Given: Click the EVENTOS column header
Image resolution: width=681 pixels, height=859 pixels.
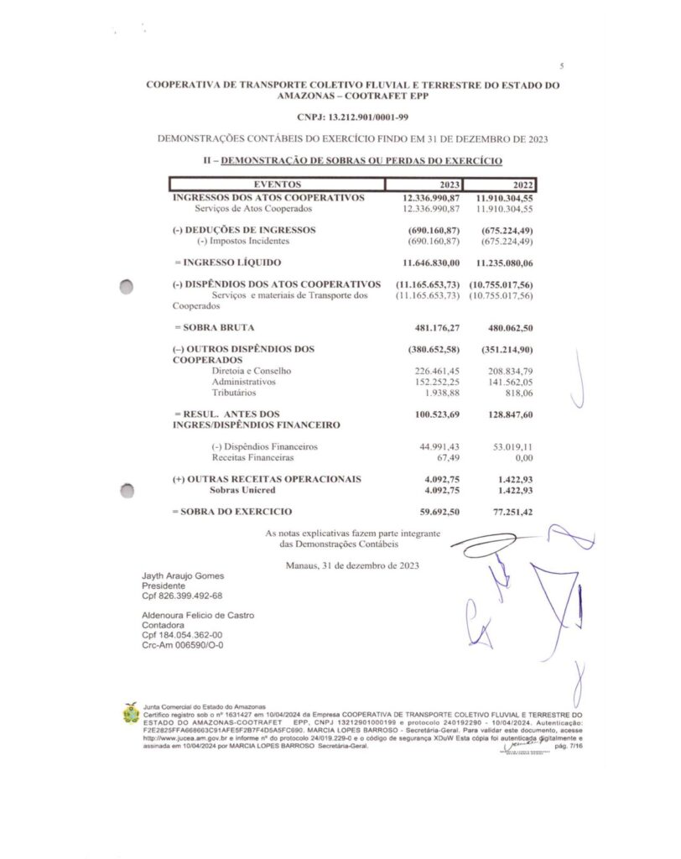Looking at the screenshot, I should point(277,185).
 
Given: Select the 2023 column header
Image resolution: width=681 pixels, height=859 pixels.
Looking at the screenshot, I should point(450,185).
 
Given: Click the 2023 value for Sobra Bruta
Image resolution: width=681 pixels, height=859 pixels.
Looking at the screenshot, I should point(437,327).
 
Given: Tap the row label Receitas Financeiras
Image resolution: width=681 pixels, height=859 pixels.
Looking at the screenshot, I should point(252,459).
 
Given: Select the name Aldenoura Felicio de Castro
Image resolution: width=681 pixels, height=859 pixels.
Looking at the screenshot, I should point(198,615).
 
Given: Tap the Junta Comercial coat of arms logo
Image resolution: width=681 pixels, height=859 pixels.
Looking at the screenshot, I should point(130,714).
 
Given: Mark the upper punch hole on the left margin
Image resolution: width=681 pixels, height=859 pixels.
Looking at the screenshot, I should point(127,286).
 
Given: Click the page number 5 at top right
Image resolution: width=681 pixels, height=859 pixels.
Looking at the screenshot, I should point(561,65).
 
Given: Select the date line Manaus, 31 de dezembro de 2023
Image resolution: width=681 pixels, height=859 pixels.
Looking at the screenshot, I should point(352,565).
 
